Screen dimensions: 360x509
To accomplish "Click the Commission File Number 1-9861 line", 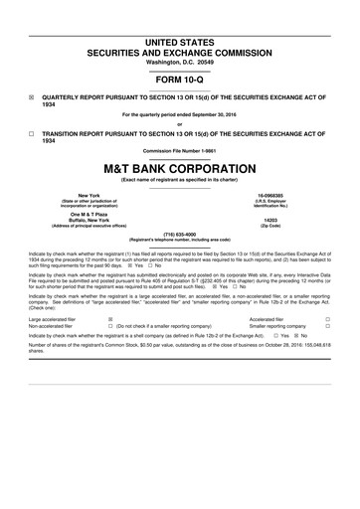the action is click(x=180, y=150).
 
